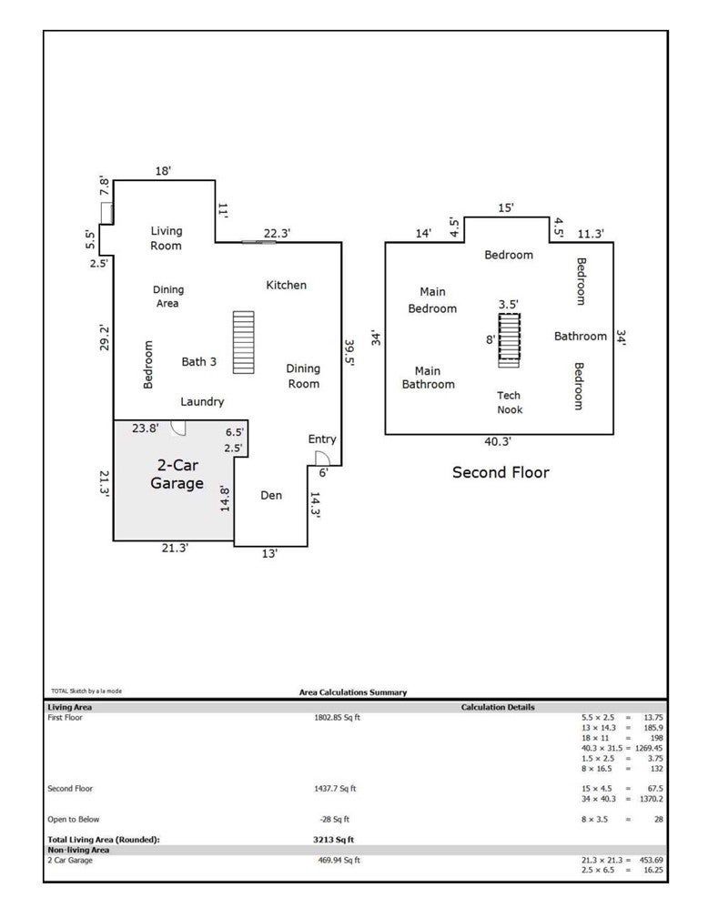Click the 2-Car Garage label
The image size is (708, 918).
[x=177, y=474]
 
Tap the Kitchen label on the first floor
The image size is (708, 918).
[x=286, y=285]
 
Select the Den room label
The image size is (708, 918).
[x=271, y=495]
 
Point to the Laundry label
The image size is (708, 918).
[x=202, y=401]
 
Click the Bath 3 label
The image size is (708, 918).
[x=198, y=362]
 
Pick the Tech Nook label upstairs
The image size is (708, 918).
[x=509, y=402]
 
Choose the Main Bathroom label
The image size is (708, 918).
[x=428, y=378]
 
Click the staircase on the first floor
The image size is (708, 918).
[x=244, y=342]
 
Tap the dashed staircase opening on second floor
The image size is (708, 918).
[x=509, y=337]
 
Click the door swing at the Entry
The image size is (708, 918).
[x=322, y=459]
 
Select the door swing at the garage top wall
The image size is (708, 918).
[x=178, y=428]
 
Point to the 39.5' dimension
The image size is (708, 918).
[x=349, y=352]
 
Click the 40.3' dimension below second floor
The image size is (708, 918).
[x=497, y=441]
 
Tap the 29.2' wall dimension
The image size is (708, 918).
[x=105, y=338]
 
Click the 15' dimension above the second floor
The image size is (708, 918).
[x=505, y=207]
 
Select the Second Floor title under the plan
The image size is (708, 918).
[x=501, y=472]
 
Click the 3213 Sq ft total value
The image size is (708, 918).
[x=333, y=840]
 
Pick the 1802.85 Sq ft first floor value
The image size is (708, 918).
[x=337, y=717]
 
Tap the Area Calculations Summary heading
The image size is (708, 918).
[x=352, y=692]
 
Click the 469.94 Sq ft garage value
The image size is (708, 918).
[x=339, y=860]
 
